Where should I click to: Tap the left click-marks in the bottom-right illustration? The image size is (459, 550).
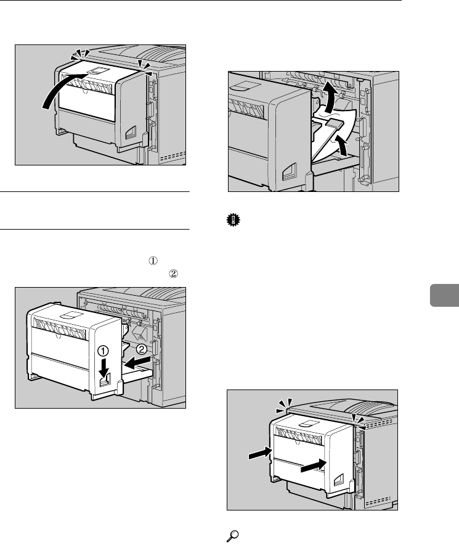283,404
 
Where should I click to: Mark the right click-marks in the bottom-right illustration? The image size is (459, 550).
357,420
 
